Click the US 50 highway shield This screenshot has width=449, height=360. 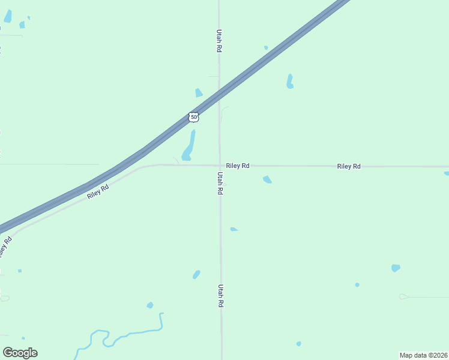coord(193,117)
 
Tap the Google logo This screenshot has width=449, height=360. coord(20,353)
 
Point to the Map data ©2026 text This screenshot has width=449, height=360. coord(424,355)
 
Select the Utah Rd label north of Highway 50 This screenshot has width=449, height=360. coord(220,41)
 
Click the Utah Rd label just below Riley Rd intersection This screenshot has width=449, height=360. coord(220,183)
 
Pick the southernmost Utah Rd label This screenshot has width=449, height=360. coord(221,296)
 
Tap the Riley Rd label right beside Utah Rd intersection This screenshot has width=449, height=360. coord(238,166)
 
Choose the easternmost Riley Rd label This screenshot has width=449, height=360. coord(349,166)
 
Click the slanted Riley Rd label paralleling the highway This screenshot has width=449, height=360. coord(98,192)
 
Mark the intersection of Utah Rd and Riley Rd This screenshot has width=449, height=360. coord(219,165)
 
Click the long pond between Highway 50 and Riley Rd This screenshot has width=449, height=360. coord(188,146)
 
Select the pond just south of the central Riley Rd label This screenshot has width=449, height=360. coord(267,179)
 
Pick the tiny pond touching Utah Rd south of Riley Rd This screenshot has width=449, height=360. coord(234,229)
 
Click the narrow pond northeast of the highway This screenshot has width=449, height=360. coord(290,82)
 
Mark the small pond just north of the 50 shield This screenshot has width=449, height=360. coord(199,93)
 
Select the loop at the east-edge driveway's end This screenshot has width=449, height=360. coord(403,296)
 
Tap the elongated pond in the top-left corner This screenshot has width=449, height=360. coord(8,16)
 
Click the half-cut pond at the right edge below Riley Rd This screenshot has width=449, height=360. coord(447,174)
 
